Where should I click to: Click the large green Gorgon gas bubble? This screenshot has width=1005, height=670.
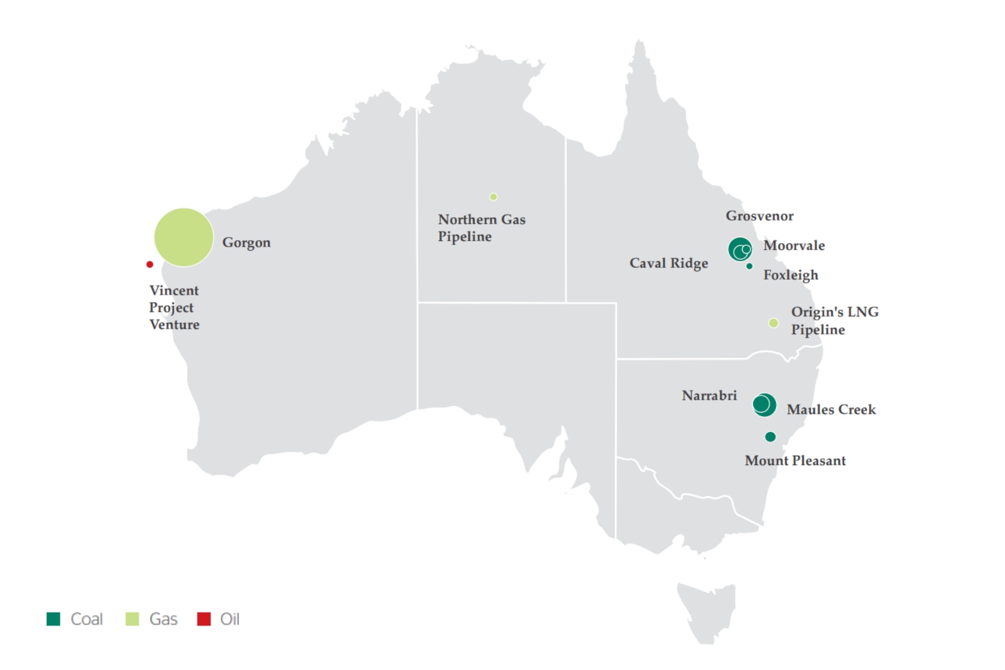click(184, 237)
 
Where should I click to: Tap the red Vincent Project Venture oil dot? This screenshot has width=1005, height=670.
click(150, 264)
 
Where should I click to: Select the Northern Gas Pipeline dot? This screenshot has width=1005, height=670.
click(494, 197)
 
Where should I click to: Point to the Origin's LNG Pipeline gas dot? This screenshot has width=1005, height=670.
click(773, 323)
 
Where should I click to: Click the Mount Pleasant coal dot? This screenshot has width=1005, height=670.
click(770, 437)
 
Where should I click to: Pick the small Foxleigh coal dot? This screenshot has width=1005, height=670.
click(749, 266)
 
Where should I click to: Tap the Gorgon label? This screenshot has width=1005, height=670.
click(246, 242)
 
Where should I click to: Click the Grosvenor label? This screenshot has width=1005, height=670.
click(759, 216)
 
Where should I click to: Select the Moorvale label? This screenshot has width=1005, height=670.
click(794, 246)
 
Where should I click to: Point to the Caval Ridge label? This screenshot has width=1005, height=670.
click(669, 263)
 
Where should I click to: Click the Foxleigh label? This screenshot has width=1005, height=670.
click(791, 275)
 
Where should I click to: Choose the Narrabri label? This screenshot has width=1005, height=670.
click(709, 395)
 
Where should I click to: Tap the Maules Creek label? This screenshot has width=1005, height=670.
click(831, 409)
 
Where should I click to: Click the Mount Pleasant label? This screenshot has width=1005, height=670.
click(795, 461)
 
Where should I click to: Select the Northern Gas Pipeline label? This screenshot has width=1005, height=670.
click(481, 228)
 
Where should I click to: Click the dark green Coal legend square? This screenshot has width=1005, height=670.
click(54, 619)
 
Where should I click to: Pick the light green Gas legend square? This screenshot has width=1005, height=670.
click(132, 619)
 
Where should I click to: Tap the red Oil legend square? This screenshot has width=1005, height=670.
click(204, 619)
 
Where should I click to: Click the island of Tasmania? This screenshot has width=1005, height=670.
click(707, 611)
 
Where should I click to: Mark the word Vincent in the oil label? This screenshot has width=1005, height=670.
click(174, 290)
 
